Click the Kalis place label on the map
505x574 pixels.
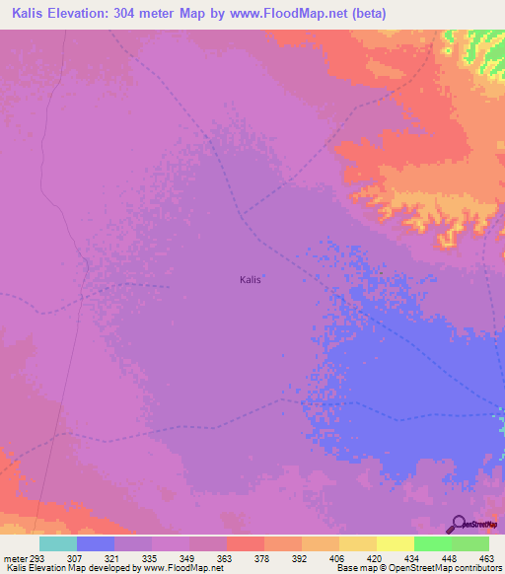coord(251,279)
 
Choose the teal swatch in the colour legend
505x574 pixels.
coord(58,543)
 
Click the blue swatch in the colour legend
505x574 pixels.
coord(96,543)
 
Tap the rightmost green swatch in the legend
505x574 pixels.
coord(470,543)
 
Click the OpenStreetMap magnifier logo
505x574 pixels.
coord(458,524)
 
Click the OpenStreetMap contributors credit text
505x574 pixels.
coord(443,568)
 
